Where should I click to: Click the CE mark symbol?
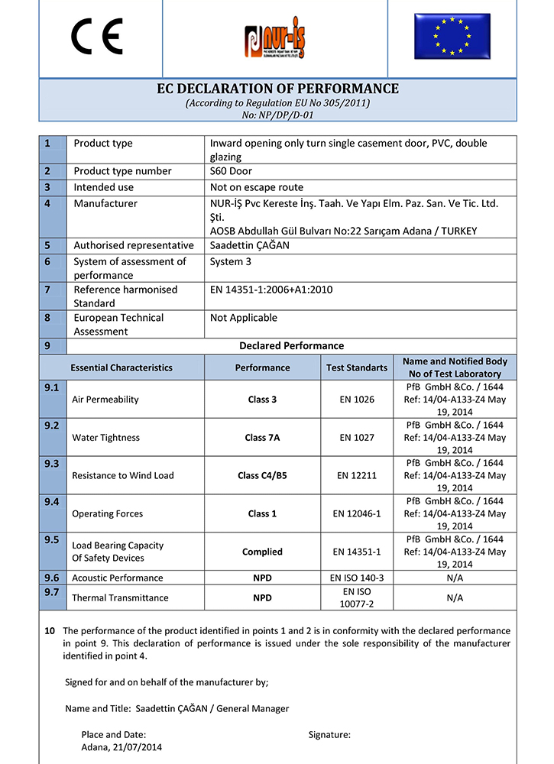click(x=97, y=37)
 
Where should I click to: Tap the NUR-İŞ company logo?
click(x=277, y=40)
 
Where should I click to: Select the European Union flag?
click(x=452, y=36)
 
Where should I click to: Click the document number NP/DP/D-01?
click(x=277, y=115)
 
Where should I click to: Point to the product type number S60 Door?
click(x=231, y=171)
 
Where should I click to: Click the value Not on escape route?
click(x=256, y=187)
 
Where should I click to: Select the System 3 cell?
click(x=231, y=261)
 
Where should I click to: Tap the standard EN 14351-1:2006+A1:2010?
click(x=271, y=290)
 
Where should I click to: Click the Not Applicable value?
click(x=244, y=318)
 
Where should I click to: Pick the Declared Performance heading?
click(x=291, y=345)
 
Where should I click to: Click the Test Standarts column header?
click(x=356, y=367)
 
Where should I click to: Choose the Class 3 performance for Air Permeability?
click(x=262, y=399)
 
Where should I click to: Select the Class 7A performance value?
click(x=262, y=438)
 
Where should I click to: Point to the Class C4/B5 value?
click(x=262, y=475)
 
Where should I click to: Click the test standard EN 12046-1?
click(x=356, y=513)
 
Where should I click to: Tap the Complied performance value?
click(x=262, y=552)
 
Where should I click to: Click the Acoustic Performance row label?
click(x=117, y=578)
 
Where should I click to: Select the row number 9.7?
click(x=52, y=592)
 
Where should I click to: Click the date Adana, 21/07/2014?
click(x=121, y=747)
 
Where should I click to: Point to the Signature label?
click(x=329, y=734)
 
